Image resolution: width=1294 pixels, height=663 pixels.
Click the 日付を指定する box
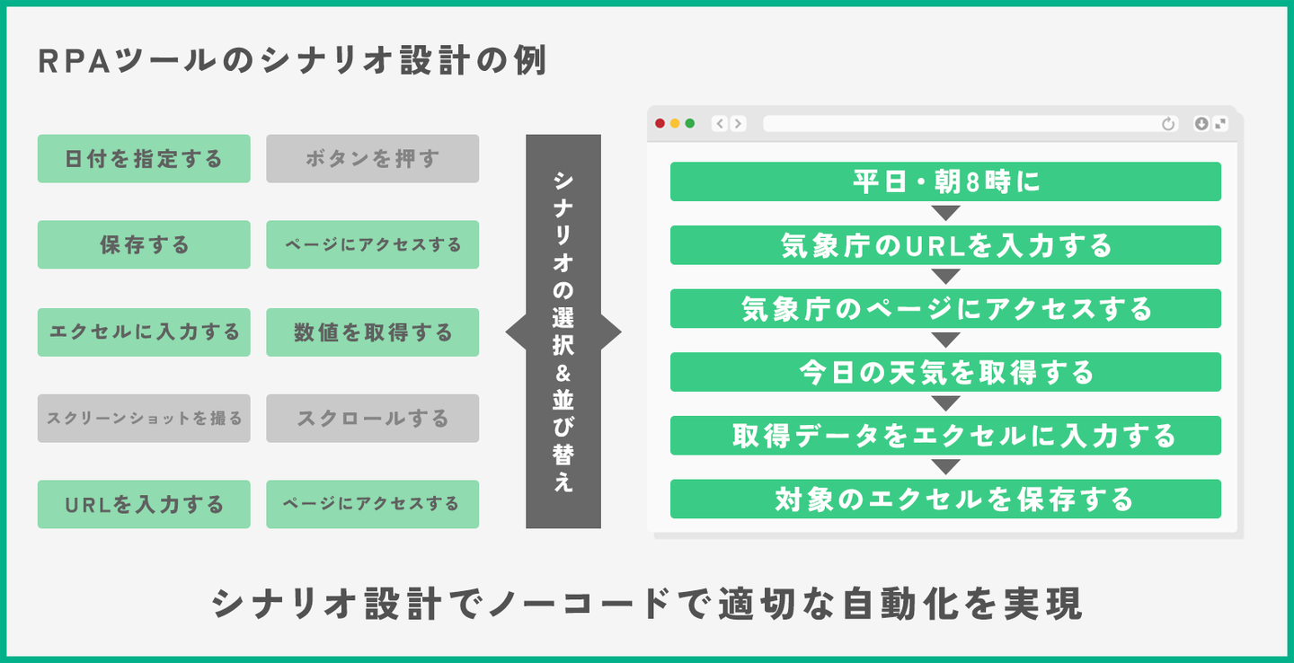point(144,159)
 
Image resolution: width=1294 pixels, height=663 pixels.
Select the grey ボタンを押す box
point(372,159)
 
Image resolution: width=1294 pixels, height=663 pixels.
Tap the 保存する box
point(144,244)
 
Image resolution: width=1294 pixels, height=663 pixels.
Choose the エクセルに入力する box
point(144,332)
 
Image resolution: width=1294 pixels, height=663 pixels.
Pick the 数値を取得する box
point(372,332)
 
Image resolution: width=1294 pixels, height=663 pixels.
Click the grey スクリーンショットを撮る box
point(144,418)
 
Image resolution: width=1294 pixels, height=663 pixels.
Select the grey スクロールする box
point(372,418)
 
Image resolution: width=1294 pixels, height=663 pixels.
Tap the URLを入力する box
point(144,505)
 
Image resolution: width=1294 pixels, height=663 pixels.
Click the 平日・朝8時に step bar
point(945,181)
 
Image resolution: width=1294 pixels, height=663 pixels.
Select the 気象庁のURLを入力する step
point(945,245)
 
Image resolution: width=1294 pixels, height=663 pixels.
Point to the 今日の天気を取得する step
point(945,372)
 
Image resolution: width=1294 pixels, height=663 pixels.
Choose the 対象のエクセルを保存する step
point(945,499)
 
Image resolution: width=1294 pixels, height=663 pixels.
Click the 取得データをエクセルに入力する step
point(945,436)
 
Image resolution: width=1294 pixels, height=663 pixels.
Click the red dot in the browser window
point(660,124)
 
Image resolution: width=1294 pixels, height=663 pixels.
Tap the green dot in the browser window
point(690,124)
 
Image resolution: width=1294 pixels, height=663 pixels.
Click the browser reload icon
point(1168,124)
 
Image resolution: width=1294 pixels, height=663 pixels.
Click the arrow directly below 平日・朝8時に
point(945,213)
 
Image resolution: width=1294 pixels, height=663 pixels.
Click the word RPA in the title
point(68,63)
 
